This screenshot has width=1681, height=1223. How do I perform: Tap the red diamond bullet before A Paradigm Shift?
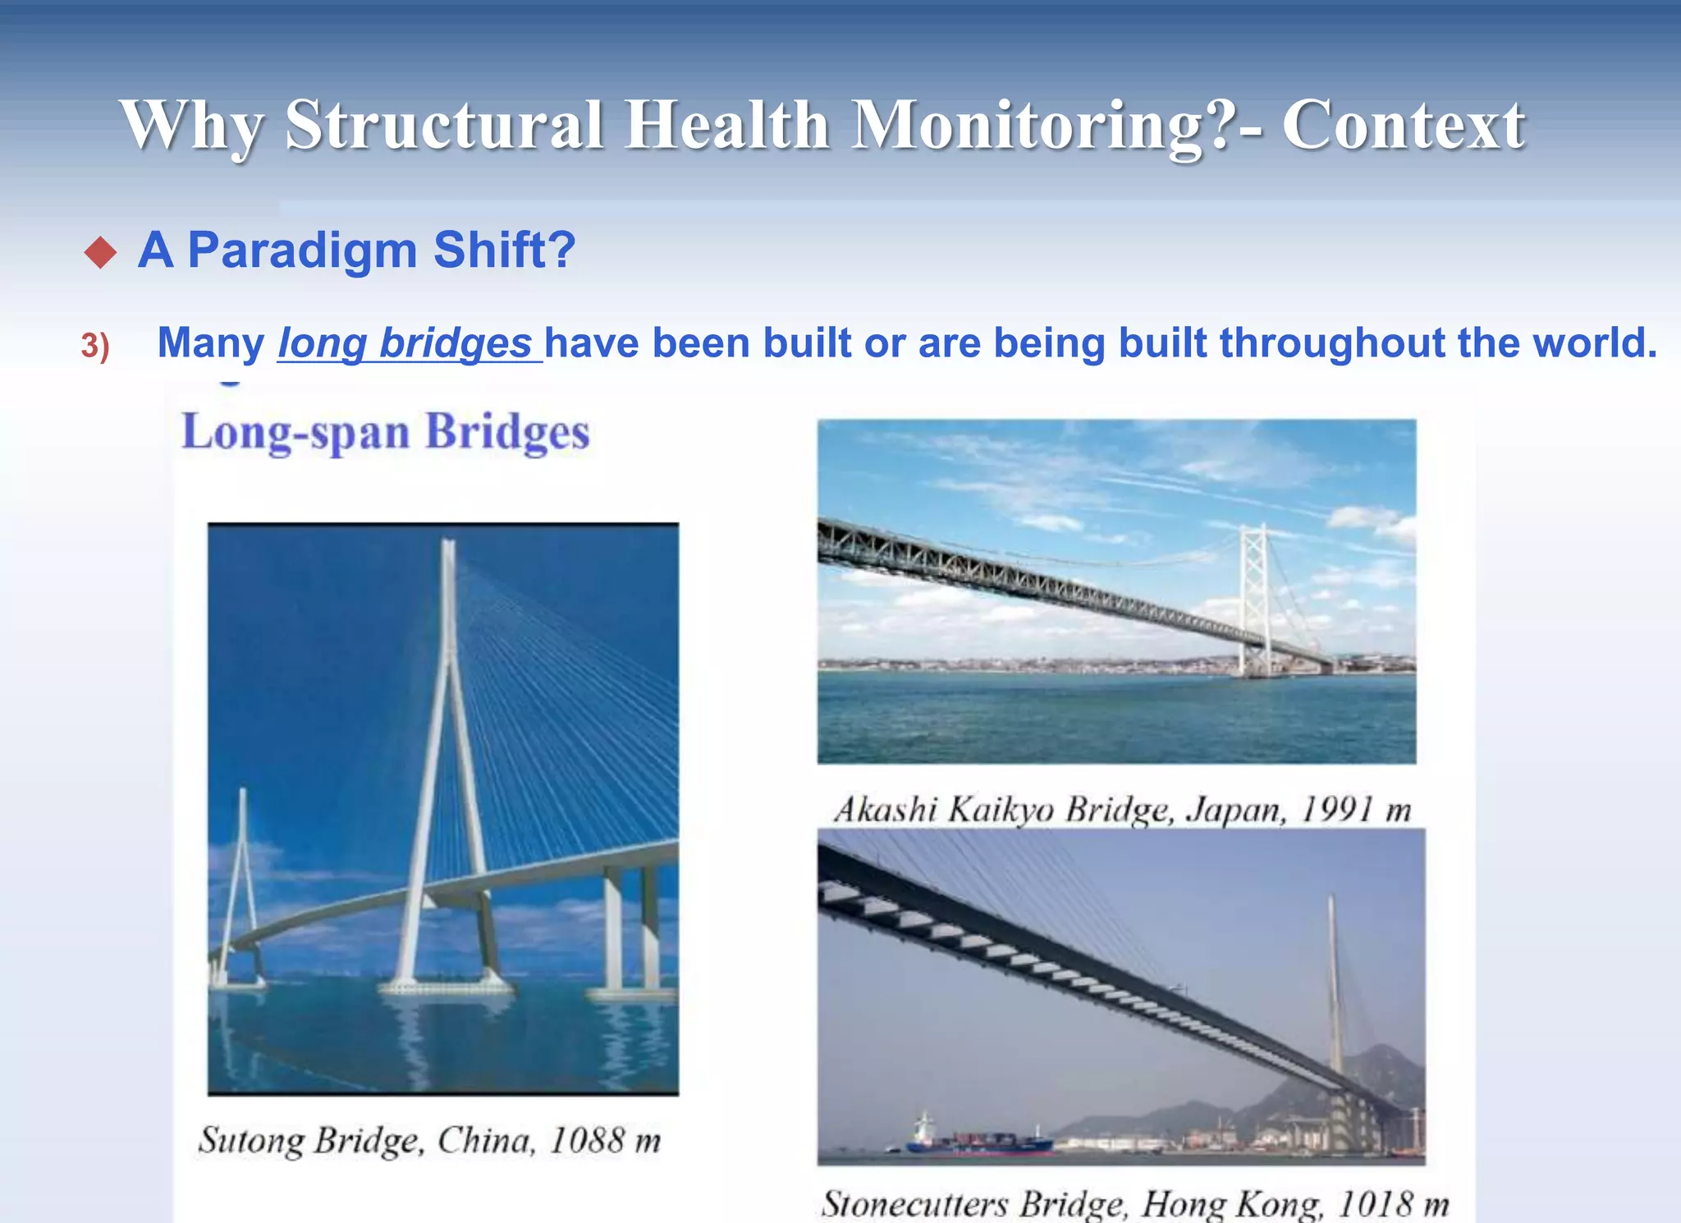101,252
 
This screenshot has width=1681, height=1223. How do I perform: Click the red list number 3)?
95,346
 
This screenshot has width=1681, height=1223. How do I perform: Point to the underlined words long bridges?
405,343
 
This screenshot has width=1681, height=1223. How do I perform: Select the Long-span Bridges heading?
385,432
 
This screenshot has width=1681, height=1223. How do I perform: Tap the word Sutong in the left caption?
251,1140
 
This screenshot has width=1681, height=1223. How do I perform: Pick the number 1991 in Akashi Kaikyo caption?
1337,810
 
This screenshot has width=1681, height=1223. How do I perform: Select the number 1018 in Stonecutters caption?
1376,1204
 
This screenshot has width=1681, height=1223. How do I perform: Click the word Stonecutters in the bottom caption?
914,1204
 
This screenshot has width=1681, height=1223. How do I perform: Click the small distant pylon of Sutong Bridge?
241,871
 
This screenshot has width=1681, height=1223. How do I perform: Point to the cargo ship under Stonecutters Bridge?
977,1139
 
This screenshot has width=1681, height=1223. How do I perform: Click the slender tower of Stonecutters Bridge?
1335,986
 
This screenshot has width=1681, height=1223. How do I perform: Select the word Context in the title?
1403,126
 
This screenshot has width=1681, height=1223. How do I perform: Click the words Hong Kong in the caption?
1231,1204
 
